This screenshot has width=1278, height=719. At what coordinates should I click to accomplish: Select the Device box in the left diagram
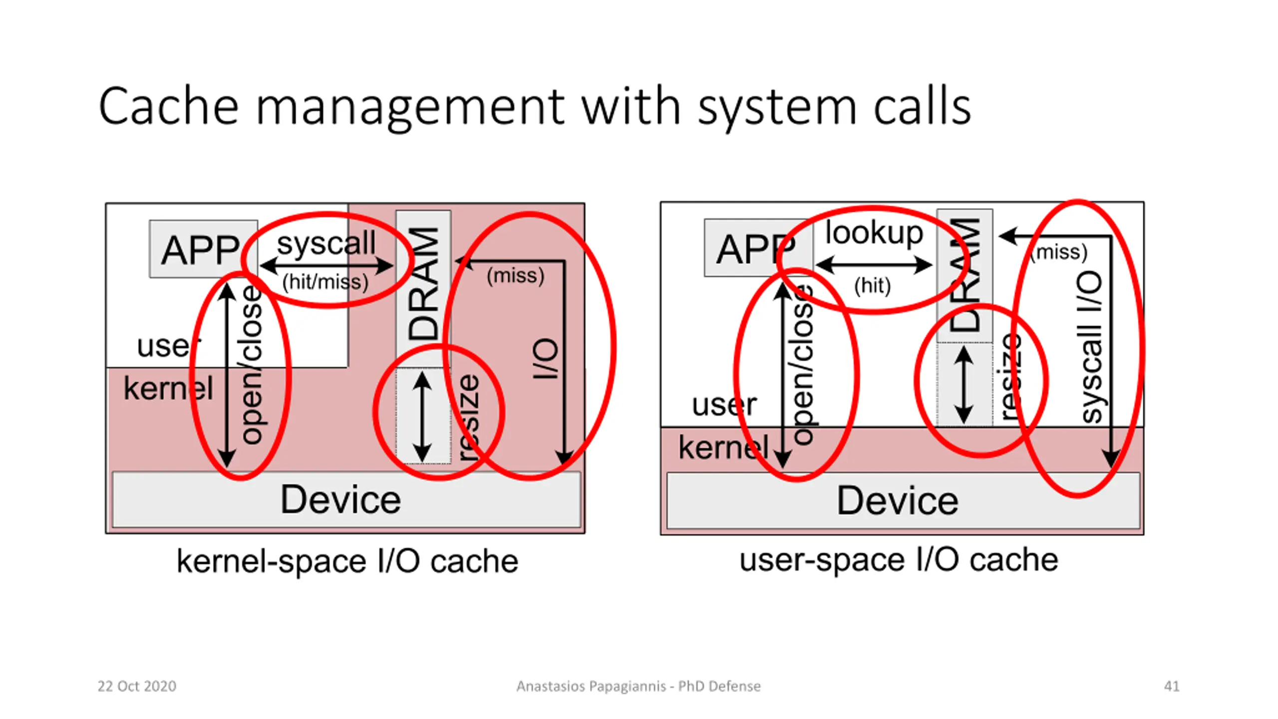coord(341,499)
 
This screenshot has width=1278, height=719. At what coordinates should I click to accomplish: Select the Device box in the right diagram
coord(898,500)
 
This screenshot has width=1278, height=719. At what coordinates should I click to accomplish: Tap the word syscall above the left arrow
coord(326,243)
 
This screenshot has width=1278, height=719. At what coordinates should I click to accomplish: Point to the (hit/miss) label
coord(325,282)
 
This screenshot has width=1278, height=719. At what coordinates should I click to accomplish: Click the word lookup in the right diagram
coord(874,233)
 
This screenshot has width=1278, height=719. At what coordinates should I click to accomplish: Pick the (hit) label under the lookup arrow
coord(872,286)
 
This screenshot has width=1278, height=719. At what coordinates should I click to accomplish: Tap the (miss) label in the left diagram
coord(515,276)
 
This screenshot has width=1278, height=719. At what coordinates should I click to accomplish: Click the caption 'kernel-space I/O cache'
coord(347,562)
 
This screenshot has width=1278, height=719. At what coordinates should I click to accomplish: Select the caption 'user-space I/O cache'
coord(899,560)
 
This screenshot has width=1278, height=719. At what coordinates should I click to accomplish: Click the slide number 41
coord(1171,686)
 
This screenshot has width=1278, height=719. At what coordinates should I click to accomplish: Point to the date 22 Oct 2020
coord(137,686)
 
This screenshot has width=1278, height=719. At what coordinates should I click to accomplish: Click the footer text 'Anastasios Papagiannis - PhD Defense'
coord(639,686)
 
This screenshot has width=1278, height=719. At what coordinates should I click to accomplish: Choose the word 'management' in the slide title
coord(409,107)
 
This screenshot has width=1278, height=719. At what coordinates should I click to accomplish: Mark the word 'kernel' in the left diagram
coord(168,388)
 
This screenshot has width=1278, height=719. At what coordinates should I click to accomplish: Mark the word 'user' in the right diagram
coord(724,404)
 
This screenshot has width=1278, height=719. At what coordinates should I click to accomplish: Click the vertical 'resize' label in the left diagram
coord(469,417)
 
